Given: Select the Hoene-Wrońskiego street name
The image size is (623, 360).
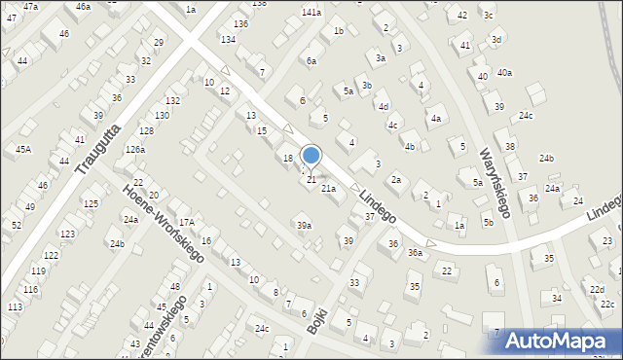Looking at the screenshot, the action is (x=163, y=223).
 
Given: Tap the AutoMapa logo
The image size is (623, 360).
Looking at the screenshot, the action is (x=562, y=341).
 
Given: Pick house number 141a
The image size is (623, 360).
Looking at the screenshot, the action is (x=311, y=13).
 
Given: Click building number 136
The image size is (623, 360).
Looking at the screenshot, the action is (x=240, y=23).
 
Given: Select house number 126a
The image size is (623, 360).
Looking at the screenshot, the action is (x=134, y=150).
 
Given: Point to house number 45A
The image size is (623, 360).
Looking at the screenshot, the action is (x=22, y=149).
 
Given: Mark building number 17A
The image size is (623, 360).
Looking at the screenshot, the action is (x=186, y=223).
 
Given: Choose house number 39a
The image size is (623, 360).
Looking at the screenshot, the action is (x=305, y=226).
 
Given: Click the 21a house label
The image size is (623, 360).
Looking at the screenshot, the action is (x=329, y=189).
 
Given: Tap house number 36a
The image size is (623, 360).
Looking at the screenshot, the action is (x=416, y=253).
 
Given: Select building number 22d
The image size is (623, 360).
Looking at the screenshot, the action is (x=596, y=290).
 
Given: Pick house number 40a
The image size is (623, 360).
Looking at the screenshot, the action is (x=504, y=73).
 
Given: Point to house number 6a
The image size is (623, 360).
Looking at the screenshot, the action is (x=311, y=61).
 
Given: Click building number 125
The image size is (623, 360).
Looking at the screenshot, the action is (x=91, y=203).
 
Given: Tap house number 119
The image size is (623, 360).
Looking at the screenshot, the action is (x=38, y=271).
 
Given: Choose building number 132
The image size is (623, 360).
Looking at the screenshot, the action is (x=172, y=101).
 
